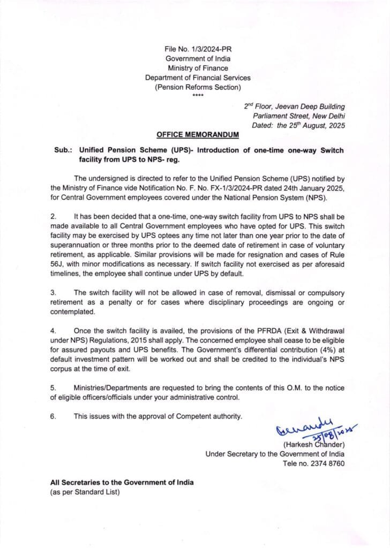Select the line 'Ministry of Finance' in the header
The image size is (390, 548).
pyautogui.click(x=198, y=68)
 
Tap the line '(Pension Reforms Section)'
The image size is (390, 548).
pyautogui.click(x=198, y=87)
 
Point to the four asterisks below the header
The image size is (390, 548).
pyautogui.click(x=198, y=96)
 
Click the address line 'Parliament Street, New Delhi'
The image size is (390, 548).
pyautogui.click(x=299, y=116)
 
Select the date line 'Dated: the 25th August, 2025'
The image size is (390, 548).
pyautogui.click(x=298, y=126)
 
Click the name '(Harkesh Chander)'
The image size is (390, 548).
pyautogui.click(x=313, y=444)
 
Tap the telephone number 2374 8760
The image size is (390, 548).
pyautogui.click(x=313, y=463)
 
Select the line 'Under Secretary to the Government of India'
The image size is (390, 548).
pyautogui.click(x=275, y=454)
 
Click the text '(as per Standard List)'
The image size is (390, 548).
pyautogui.click(x=85, y=492)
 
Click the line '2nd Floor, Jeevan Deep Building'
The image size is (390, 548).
pyautogui.click(x=294, y=106)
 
